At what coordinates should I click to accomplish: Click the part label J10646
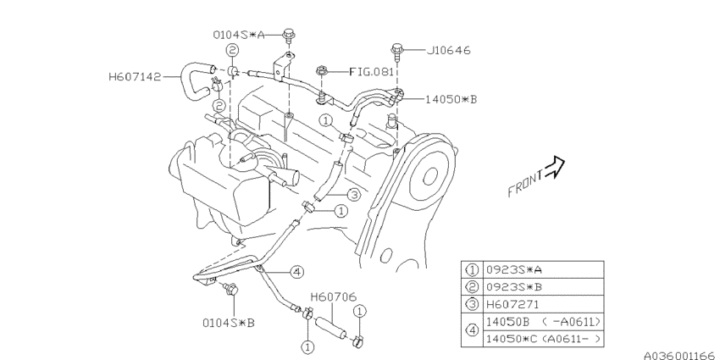(449, 50)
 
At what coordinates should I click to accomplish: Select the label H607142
(135, 77)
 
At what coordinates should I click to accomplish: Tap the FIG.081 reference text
(372, 72)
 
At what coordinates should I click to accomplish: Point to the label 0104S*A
(239, 35)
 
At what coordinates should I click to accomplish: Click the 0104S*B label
(228, 323)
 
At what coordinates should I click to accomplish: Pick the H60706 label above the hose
(334, 297)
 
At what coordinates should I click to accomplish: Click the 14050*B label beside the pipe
(451, 99)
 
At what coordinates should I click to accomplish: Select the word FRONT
(526, 183)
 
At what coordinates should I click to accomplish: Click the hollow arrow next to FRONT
(554, 167)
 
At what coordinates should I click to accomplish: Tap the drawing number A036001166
(681, 356)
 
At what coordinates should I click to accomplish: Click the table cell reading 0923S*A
(543, 269)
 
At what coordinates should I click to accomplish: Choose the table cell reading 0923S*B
(543, 287)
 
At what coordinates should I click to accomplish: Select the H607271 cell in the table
(543, 304)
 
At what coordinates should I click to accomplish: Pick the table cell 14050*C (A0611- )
(543, 339)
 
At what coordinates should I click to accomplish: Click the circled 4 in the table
(472, 330)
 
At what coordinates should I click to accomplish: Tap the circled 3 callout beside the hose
(353, 195)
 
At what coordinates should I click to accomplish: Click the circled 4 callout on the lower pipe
(297, 272)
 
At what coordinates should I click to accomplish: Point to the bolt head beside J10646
(397, 47)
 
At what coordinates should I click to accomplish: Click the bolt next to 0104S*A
(289, 36)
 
